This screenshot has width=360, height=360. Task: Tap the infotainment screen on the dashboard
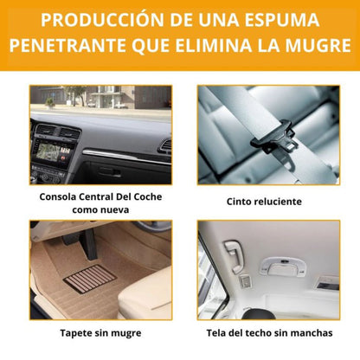[x=55, y=162]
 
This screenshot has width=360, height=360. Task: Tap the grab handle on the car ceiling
[x=235, y=254]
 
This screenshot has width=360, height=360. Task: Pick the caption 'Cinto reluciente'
[x=264, y=201]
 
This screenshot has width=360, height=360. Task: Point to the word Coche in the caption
[x=143, y=196]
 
